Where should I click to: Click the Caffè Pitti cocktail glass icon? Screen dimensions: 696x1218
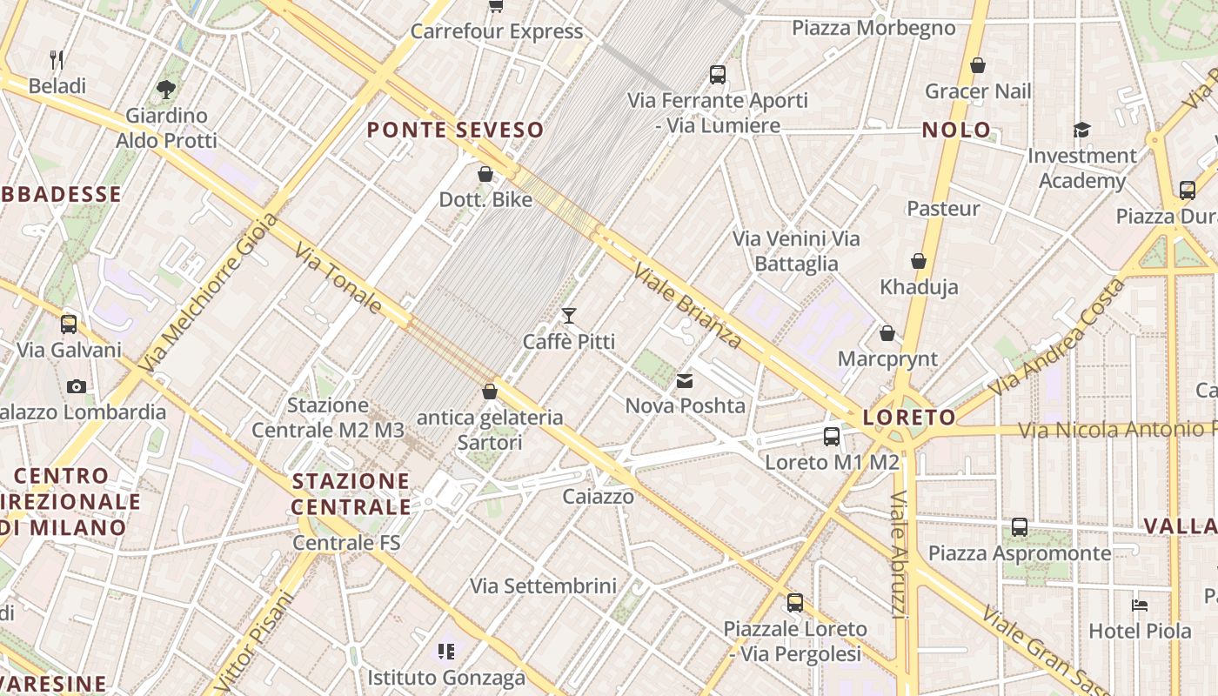pos(569,315)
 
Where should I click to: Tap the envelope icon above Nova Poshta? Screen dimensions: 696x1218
pos(685,380)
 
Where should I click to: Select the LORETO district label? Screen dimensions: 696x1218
pos(909,418)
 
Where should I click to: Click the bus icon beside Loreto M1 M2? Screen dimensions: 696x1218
pos(832,437)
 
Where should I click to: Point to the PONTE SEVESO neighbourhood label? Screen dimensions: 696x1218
pos(455,130)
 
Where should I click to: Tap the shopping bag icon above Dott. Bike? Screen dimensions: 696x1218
pos(485,174)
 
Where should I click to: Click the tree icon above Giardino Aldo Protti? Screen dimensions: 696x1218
pos(165,89)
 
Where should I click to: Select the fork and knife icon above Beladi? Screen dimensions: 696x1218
pos(57,60)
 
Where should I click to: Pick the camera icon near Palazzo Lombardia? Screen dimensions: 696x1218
pos(77,386)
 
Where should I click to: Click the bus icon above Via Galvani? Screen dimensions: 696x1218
pos(69,325)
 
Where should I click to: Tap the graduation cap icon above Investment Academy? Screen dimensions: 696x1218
pos(1081,130)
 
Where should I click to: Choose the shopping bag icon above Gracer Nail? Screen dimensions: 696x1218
pos(978,65)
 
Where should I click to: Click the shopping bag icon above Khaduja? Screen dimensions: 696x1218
pos(918,261)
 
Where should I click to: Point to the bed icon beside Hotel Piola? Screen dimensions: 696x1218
pos(1140,605)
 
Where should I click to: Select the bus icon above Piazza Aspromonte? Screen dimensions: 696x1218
pos(1019,527)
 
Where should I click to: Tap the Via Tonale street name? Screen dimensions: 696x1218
pos(338,278)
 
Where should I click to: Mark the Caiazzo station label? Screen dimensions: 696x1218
pos(598,497)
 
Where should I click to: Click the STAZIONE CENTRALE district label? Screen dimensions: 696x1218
pos(351,494)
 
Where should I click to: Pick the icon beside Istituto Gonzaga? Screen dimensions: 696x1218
pos(446,651)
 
